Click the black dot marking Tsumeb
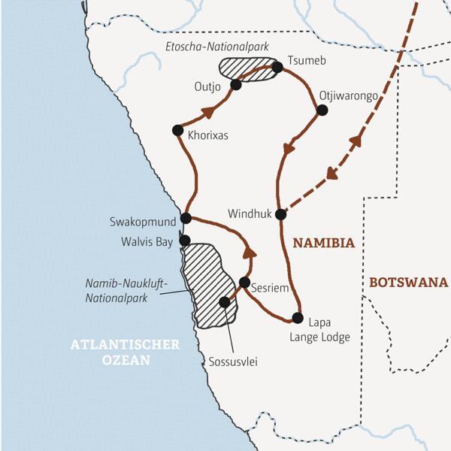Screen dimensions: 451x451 pos(277,68)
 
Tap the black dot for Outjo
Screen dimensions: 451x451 pos(235,85)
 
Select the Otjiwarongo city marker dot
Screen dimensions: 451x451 pos(322,110)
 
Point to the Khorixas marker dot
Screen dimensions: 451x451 pos(177,130)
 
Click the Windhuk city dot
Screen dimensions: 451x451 pos(280,214)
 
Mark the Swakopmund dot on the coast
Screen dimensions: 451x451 pos(186,219)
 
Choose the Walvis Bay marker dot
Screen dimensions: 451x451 pos(185,241)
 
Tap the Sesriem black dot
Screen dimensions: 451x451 pos(244,283)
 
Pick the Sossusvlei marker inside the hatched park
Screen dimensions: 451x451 pos(224,302)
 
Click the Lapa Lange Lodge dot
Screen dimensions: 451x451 pos(298,317)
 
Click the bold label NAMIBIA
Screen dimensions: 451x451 pos(323,244)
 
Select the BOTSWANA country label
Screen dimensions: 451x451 pos(408,283)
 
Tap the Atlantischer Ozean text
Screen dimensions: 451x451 pos(125,353)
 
